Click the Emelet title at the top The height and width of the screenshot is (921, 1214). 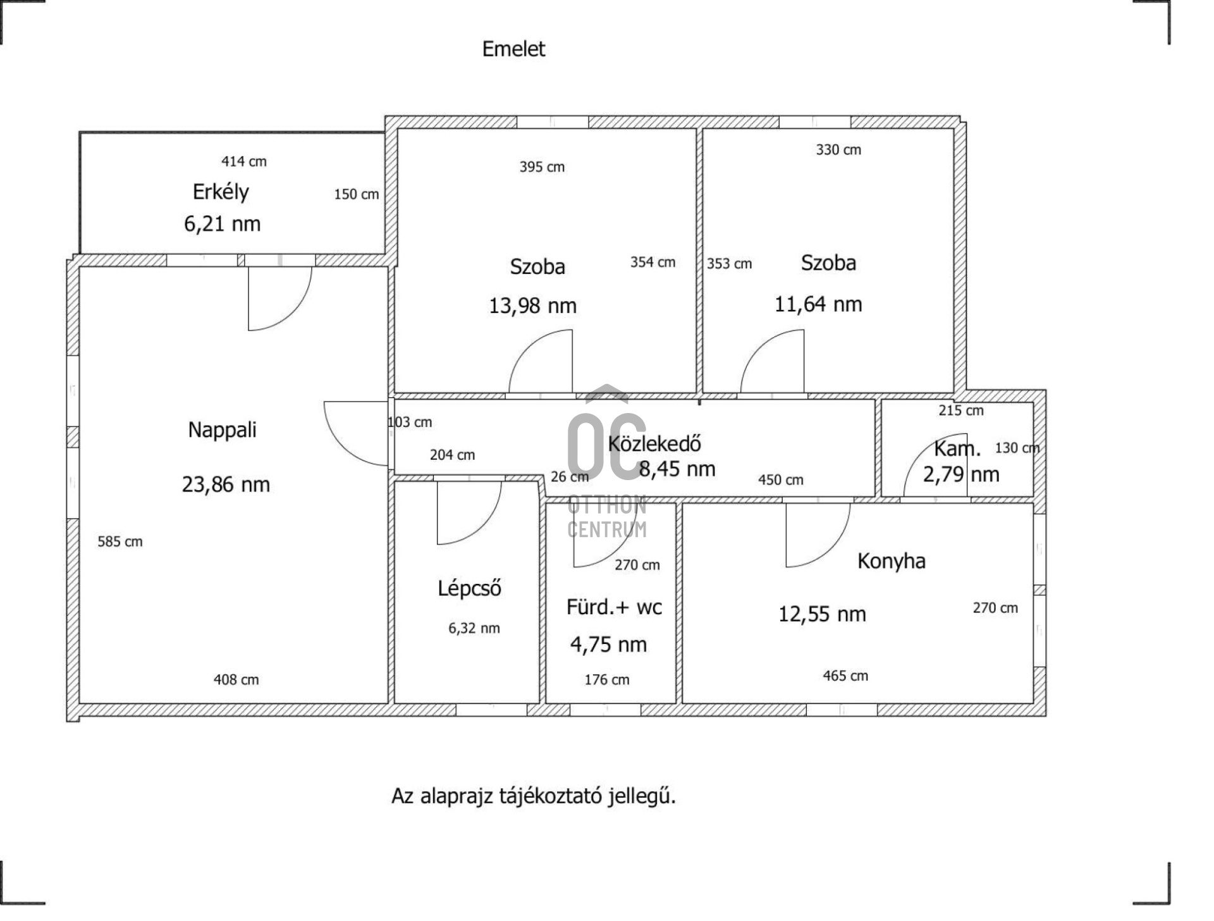click(513, 49)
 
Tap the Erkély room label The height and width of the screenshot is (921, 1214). click(221, 192)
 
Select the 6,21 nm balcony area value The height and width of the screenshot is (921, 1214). click(222, 224)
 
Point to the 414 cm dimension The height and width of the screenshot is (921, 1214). click(244, 162)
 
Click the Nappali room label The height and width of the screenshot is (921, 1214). click(223, 430)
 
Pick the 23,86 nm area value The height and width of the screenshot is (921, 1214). click(226, 485)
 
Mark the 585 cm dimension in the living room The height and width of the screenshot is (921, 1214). click(120, 541)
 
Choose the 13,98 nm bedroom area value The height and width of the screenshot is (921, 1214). click(532, 306)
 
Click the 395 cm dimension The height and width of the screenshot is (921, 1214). click(542, 167)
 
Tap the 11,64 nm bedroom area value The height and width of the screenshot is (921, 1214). click(818, 304)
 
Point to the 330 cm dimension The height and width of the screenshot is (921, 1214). click(838, 150)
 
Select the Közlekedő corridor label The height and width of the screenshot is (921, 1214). click(654, 444)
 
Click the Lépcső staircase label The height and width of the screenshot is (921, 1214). click(470, 589)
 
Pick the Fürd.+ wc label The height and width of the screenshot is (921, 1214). click(614, 608)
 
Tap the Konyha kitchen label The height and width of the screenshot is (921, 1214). click(892, 561)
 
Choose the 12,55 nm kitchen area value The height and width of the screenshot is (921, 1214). click(822, 614)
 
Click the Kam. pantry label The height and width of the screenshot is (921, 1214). click(957, 449)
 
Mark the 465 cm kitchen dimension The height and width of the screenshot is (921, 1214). click(845, 676)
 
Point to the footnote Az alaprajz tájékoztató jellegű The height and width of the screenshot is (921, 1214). click(534, 796)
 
